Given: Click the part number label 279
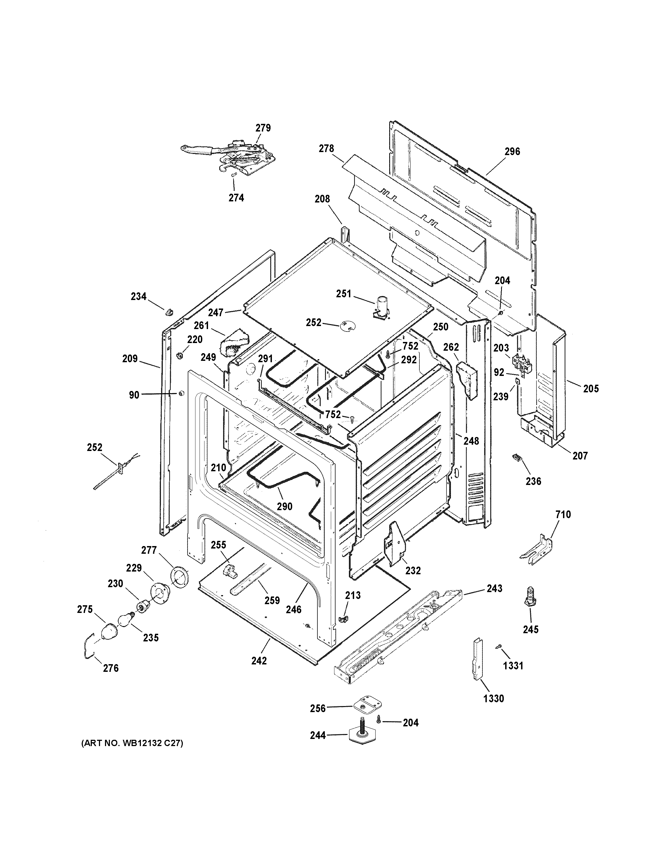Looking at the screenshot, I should pyautogui.click(x=263, y=128).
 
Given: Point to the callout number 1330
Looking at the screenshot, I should pyautogui.click(x=493, y=698).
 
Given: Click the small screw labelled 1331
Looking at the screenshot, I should pyautogui.click(x=497, y=648).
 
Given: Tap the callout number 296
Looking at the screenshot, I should pyautogui.click(x=512, y=152).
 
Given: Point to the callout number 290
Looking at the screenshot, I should pyautogui.click(x=284, y=506).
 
